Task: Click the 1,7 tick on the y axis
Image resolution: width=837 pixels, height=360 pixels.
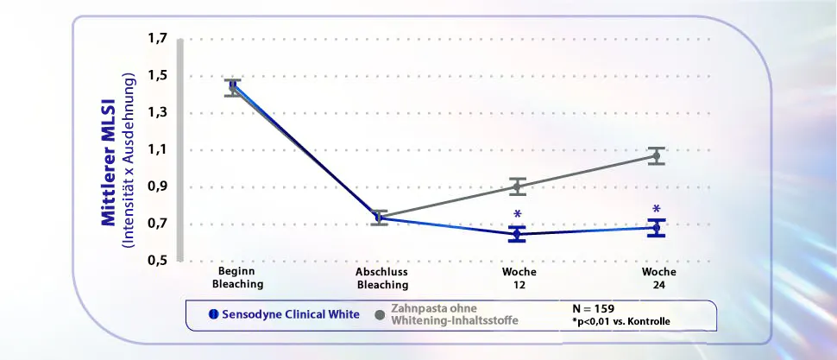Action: point(159,39)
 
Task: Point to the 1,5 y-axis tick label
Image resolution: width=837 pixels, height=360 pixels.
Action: point(159,76)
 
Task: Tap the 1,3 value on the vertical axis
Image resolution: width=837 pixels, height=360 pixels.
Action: point(159,113)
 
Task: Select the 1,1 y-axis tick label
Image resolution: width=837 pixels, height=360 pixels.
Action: point(159,150)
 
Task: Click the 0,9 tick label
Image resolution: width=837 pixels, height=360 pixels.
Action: point(159,187)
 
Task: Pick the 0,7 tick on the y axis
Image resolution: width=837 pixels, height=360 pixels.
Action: point(159,224)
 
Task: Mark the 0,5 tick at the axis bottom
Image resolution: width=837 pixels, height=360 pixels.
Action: point(159,260)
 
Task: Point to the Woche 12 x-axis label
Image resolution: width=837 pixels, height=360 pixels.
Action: point(518,277)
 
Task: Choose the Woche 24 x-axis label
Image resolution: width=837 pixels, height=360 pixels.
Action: point(658,277)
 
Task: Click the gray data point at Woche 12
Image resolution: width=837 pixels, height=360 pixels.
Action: point(518,186)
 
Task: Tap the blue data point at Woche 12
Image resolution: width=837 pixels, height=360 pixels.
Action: point(518,234)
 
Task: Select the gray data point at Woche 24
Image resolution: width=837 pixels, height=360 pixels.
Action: point(658,156)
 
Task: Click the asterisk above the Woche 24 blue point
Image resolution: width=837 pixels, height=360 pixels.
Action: point(657,210)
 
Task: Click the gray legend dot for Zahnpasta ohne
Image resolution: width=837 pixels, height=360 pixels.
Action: point(380,314)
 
